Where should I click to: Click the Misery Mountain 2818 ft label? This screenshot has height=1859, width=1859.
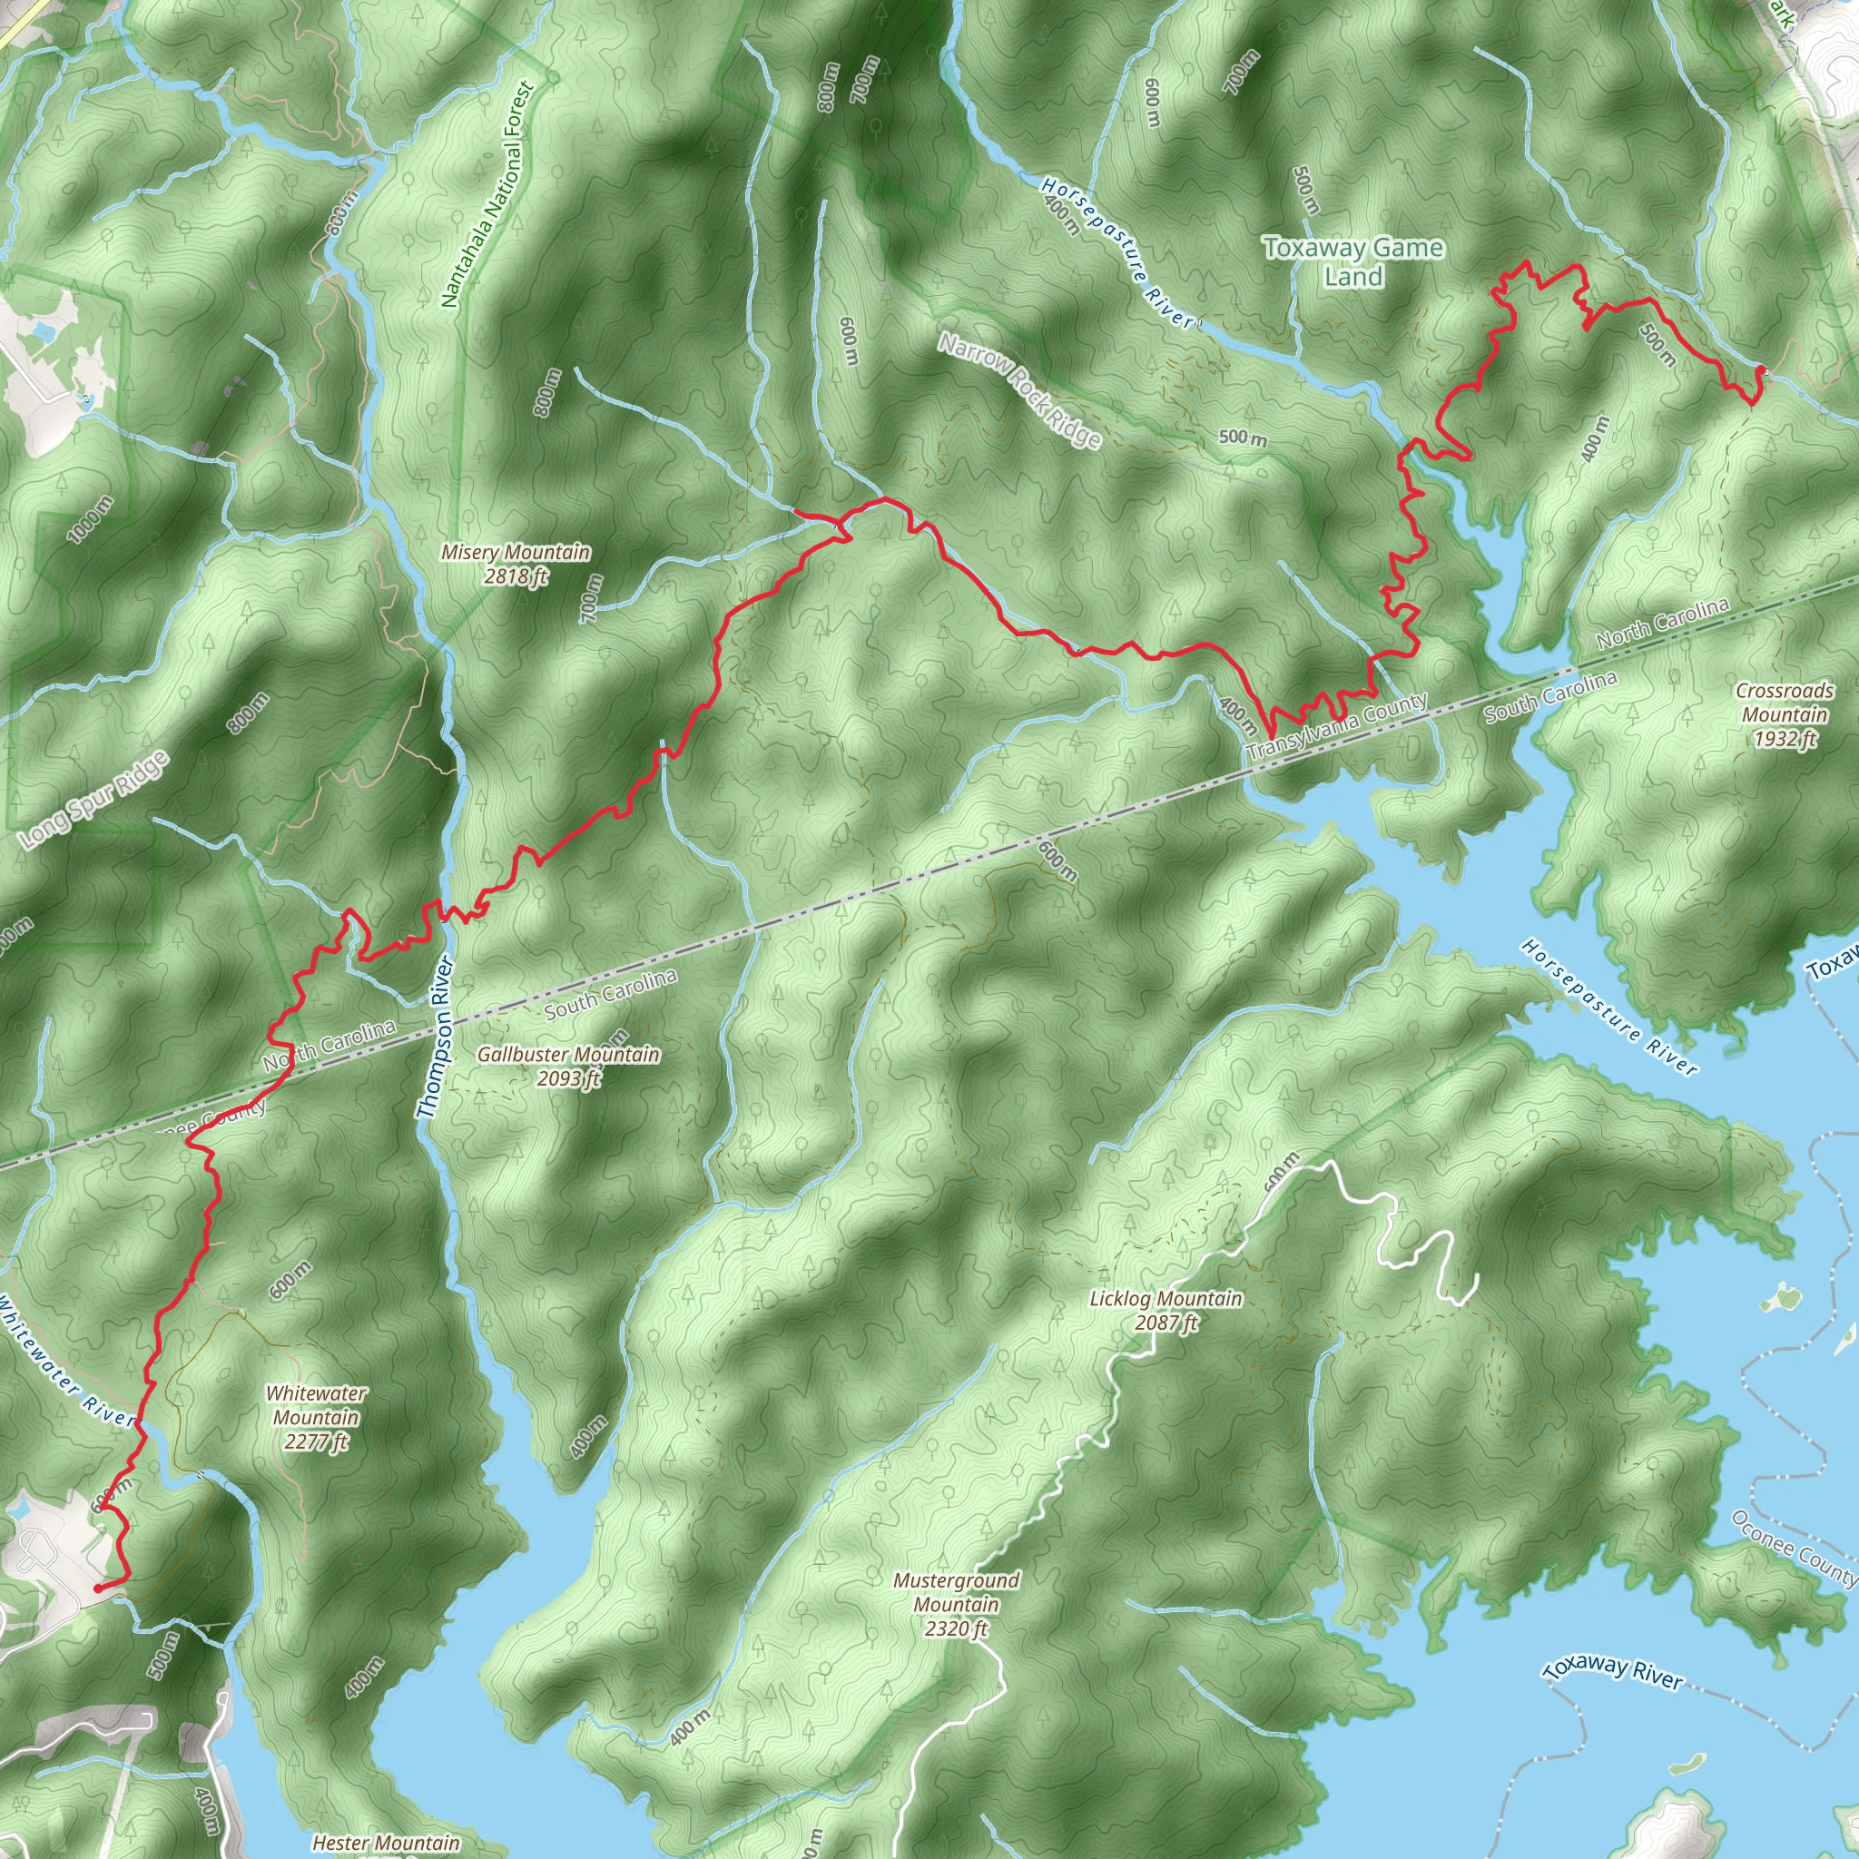(x=516, y=564)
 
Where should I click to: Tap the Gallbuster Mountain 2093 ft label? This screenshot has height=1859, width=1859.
(x=568, y=1067)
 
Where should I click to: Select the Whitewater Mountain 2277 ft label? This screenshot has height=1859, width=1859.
(x=316, y=1417)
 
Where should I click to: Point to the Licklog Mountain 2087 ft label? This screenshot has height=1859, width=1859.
(x=1166, y=1311)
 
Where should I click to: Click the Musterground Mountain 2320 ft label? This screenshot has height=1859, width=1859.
(x=957, y=1604)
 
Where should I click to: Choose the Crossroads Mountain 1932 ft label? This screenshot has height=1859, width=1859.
(x=1784, y=714)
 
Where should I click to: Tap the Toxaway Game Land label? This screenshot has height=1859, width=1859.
(x=1352, y=261)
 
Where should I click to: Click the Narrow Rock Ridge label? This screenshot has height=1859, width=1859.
(x=1020, y=390)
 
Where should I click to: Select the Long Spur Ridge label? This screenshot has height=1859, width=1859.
(x=94, y=801)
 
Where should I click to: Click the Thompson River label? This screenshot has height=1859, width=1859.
(x=435, y=1038)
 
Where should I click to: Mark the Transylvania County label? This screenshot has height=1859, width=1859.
(x=1337, y=727)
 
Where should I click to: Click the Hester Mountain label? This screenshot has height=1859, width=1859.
(x=385, y=1842)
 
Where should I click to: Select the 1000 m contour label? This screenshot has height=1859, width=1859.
(x=91, y=519)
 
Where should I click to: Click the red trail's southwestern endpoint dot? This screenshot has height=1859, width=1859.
(x=98, y=1589)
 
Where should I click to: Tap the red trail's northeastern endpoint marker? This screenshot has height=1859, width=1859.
(x=1760, y=369)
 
